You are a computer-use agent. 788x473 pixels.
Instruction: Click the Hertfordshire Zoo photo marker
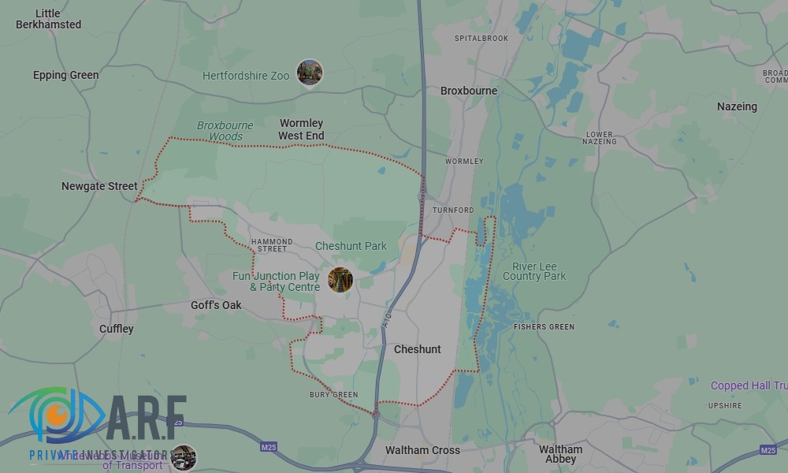click(309, 73)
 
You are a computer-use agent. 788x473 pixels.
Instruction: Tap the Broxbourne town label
click(469, 91)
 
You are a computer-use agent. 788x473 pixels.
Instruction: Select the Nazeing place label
click(737, 106)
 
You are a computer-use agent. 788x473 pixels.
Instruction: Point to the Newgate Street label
click(99, 187)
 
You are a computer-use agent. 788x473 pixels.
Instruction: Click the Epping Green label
click(66, 76)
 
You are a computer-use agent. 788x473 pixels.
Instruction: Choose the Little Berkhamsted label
click(48, 19)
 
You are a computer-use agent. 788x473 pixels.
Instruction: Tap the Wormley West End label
click(301, 130)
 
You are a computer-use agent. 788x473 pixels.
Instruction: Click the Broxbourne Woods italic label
click(225, 131)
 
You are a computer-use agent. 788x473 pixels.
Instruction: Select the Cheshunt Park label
click(351, 246)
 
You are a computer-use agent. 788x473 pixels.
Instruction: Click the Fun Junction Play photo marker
click(340, 280)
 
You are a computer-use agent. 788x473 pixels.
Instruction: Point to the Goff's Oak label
click(216, 305)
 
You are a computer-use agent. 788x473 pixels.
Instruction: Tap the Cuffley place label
click(117, 329)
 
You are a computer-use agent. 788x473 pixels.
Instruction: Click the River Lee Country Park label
click(534, 271)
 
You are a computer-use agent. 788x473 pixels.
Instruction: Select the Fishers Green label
click(544, 326)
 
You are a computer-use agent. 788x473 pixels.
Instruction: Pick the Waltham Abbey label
click(560, 455)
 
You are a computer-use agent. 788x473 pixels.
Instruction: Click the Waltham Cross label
click(423, 451)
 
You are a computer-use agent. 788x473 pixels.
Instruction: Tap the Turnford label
click(453, 210)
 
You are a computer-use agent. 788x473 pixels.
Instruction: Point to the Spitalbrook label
click(481, 38)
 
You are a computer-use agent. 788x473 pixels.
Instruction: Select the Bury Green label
click(333, 395)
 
